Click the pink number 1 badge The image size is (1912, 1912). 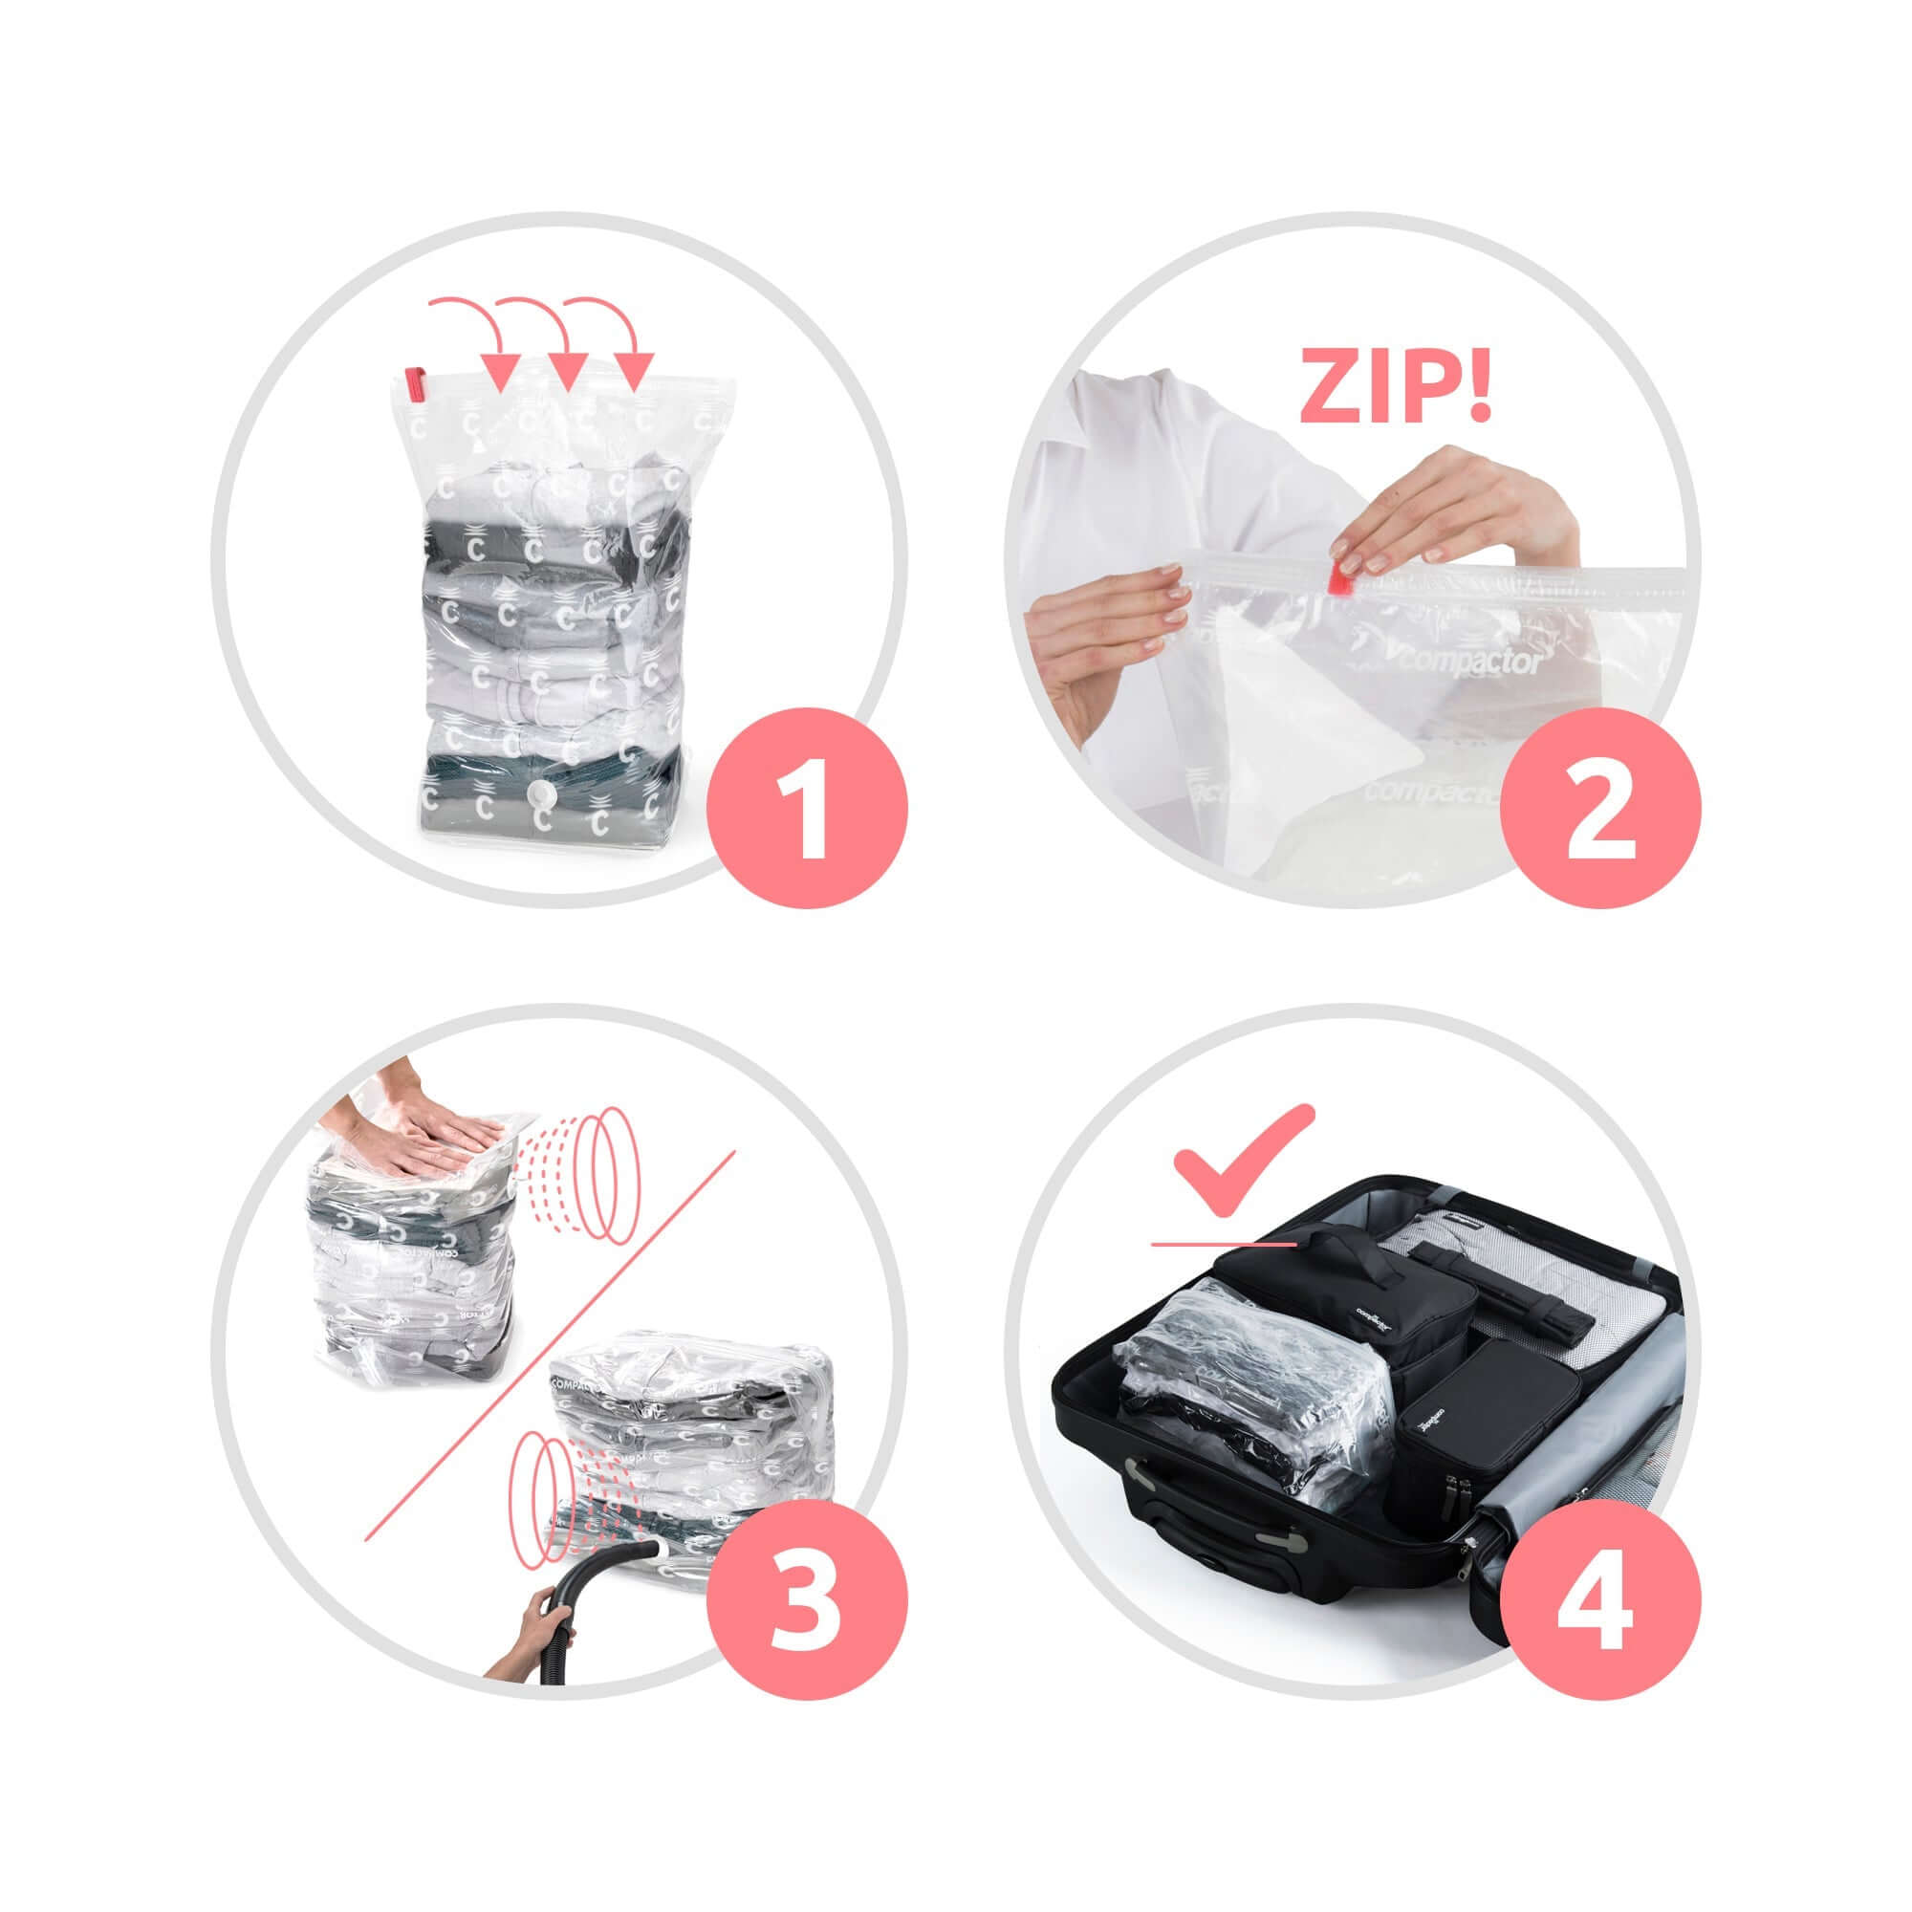pyautogui.click(x=809, y=806)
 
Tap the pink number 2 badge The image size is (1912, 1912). pyautogui.click(x=1600, y=806)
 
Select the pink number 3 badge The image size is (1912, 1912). pyautogui.click(x=809, y=1600)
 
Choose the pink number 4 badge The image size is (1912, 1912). pyautogui.click(x=1600, y=1600)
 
